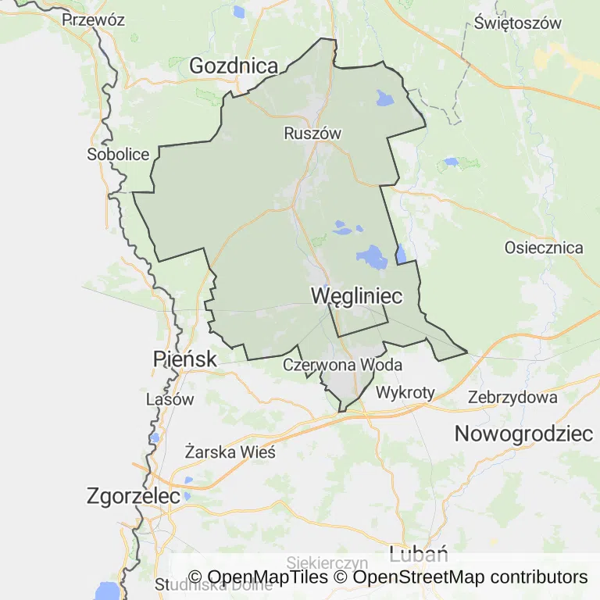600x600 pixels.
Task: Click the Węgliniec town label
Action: pyautogui.click(x=356, y=296)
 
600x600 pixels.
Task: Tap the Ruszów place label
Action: pyautogui.click(x=312, y=134)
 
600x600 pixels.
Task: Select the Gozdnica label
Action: pyautogui.click(x=234, y=66)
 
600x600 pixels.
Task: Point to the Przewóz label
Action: pyautogui.click(x=94, y=20)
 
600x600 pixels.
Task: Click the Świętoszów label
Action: pyautogui.click(x=518, y=23)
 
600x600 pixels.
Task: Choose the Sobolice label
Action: pyautogui.click(x=118, y=154)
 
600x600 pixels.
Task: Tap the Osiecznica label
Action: pyautogui.click(x=544, y=248)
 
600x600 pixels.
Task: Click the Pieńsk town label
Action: pyautogui.click(x=184, y=359)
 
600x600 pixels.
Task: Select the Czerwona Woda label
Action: pyautogui.click(x=342, y=365)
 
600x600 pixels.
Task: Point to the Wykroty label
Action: pyautogui.click(x=405, y=392)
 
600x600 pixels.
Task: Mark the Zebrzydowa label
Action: pyautogui.click(x=512, y=397)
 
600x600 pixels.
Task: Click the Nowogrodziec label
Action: pyautogui.click(x=524, y=434)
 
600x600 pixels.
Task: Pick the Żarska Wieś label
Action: pyautogui.click(x=225, y=451)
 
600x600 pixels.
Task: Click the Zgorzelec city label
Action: pyautogui.click(x=134, y=496)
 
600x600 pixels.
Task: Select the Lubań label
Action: pyautogui.click(x=418, y=555)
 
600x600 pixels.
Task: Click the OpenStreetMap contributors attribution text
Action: pyautogui.click(x=470, y=577)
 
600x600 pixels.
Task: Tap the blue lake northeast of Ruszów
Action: pyautogui.click(x=385, y=98)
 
